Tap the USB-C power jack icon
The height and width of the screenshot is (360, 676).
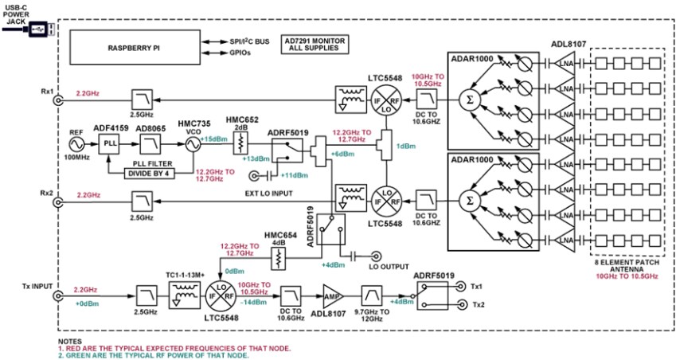39,29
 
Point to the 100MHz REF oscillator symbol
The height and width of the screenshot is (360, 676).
77,145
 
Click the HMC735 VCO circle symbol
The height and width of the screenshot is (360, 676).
193,145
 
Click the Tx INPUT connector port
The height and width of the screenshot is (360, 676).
58,296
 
